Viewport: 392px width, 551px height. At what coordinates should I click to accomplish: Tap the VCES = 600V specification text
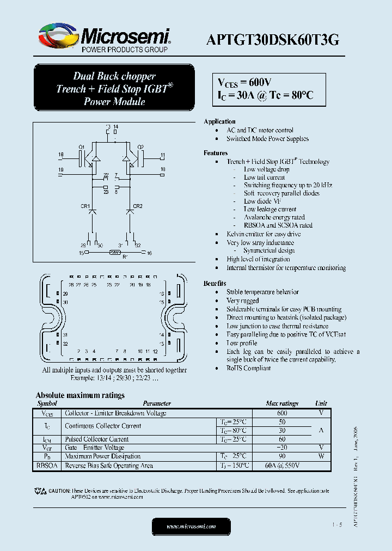click(244, 82)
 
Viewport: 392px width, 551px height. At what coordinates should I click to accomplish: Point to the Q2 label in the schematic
click(140, 147)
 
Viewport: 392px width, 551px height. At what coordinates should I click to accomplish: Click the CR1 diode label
click(85, 206)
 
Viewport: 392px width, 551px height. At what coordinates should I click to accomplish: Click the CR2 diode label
click(138, 206)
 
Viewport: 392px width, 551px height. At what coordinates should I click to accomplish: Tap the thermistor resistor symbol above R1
click(115, 252)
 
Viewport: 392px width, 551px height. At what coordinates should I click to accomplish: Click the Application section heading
click(219, 121)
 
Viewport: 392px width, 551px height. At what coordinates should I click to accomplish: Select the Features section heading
click(216, 153)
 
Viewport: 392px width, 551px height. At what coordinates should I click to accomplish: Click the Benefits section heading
click(215, 284)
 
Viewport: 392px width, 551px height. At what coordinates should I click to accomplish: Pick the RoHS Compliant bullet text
click(248, 368)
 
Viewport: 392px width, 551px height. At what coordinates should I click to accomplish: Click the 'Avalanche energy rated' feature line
click(274, 217)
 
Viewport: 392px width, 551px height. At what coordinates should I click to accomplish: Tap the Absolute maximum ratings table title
click(80, 395)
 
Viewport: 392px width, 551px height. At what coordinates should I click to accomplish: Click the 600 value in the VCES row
click(282, 413)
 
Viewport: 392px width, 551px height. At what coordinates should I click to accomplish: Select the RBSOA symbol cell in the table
click(46, 466)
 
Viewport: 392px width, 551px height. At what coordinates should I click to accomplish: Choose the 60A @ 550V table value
click(282, 466)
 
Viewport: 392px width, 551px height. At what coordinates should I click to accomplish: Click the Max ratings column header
click(282, 403)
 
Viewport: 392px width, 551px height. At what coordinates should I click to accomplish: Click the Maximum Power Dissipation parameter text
click(102, 456)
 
